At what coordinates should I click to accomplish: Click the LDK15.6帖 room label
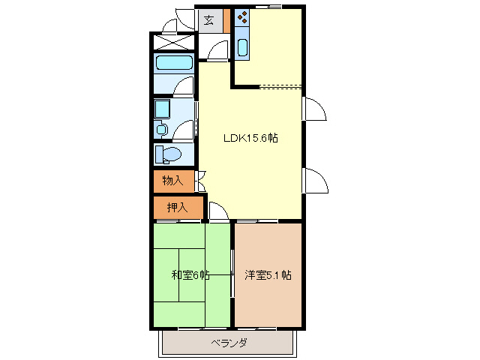[250, 138]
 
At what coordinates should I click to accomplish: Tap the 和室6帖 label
[190, 275]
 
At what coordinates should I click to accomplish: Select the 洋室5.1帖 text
[268, 275]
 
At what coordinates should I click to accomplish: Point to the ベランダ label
[228, 343]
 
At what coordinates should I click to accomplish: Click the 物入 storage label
[172, 181]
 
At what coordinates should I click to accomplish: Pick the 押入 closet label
[176, 207]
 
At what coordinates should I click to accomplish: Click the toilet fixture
[169, 154]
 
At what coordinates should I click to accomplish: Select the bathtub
[174, 63]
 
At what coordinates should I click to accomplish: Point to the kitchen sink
[242, 48]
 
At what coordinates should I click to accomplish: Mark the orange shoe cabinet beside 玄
[226, 20]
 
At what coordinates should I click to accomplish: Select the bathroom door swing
[184, 86]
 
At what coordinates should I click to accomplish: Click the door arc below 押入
[218, 213]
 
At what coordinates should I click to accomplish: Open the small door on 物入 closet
[201, 181]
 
